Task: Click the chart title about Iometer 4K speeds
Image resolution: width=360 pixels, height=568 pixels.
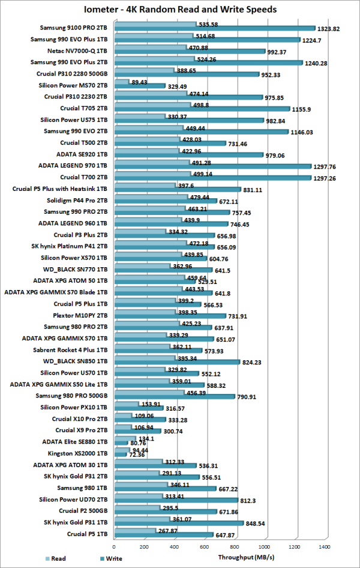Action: [x=180, y=10]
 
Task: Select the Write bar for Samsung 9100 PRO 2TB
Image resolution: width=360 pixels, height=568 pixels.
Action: [x=214, y=28]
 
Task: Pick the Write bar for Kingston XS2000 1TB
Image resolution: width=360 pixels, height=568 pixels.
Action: [x=119, y=454]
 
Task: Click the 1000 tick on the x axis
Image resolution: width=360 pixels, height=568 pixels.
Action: [x=265, y=547]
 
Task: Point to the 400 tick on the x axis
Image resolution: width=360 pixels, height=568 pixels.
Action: [x=174, y=547]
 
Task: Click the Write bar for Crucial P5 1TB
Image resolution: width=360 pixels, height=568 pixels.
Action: [x=163, y=534]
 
